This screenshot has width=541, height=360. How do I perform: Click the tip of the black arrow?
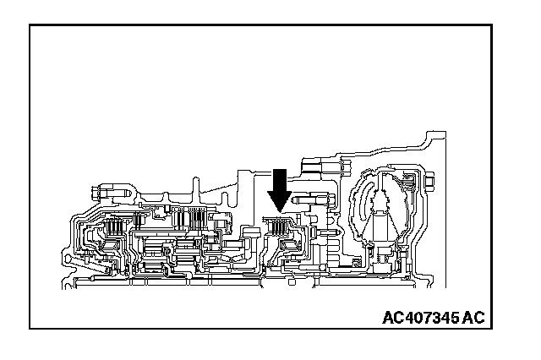tap(279, 210)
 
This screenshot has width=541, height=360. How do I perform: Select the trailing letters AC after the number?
tap(474, 319)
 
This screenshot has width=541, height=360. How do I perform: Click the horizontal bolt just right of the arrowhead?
tap(308, 204)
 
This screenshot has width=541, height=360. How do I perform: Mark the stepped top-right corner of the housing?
tap(436, 135)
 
